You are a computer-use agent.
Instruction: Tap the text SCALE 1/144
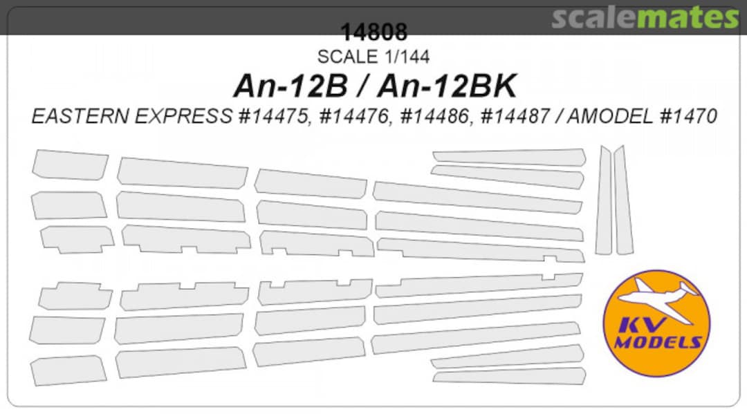pos(373,57)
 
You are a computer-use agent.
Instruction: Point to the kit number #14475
pos(273,117)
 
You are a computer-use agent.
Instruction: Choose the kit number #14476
pos(354,117)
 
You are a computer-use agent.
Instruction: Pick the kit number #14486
pos(435,117)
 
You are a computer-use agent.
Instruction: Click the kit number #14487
pos(515,117)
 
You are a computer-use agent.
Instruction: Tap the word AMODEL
pos(610,117)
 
